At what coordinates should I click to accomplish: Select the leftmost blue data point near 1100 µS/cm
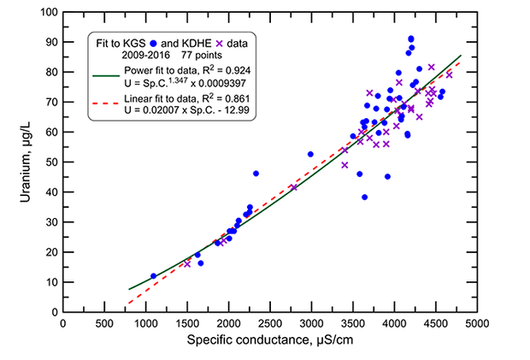(154, 276)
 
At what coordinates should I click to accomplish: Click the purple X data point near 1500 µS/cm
(187, 263)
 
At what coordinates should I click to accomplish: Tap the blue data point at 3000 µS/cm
(311, 155)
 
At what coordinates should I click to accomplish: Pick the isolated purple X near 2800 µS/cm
(294, 187)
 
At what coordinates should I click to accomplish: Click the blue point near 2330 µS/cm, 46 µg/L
(256, 174)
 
